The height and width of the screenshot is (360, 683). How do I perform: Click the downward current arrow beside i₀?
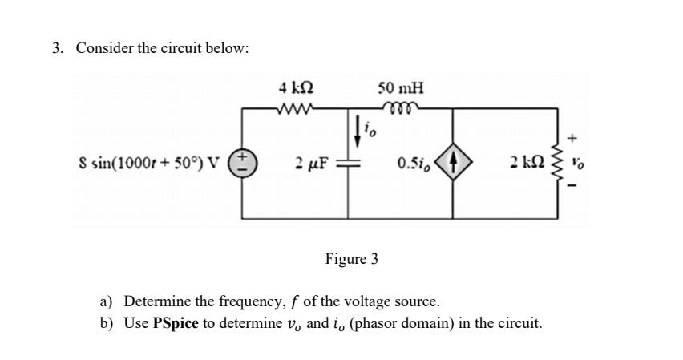[x=356, y=127]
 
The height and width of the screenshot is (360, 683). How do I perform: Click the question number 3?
[x=58, y=48]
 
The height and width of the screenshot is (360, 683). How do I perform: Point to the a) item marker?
[x=107, y=302]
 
